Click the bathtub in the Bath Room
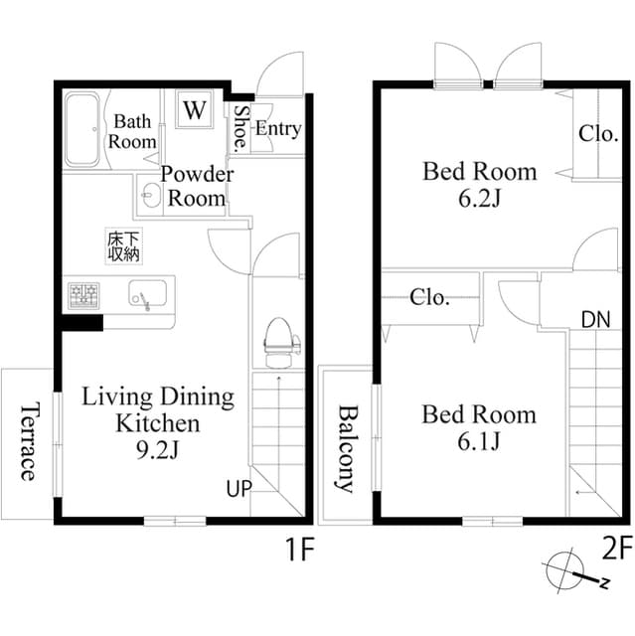pyautogui.click(x=84, y=130)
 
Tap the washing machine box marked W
pyautogui.click(x=195, y=109)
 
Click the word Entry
pyautogui.click(x=277, y=128)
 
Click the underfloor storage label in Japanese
pyautogui.click(x=124, y=246)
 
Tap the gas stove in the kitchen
pyautogui.click(x=83, y=295)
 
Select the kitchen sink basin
pyautogui.click(x=145, y=295)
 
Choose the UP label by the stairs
pyautogui.click(x=239, y=489)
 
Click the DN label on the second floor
pyautogui.click(x=595, y=319)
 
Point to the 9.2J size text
pyautogui.click(x=157, y=449)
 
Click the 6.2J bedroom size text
pyautogui.click(x=479, y=198)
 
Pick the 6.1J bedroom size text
pyautogui.click(x=479, y=440)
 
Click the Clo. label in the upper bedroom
pyautogui.click(x=599, y=133)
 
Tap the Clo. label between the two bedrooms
pyautogui.click(x=429, y=296)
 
